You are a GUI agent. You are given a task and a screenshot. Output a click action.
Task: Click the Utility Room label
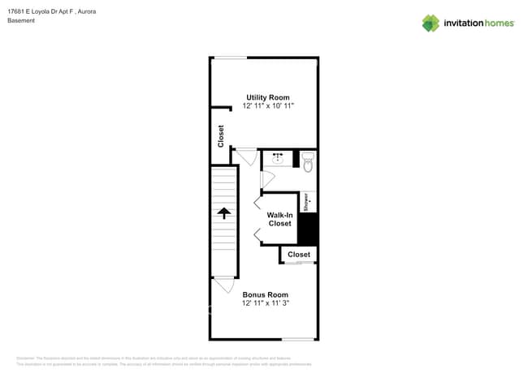pyautogui.click(x=267, y=97)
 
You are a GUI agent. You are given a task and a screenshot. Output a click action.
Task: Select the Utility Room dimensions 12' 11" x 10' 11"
pyautogui.click(x=267, y=105)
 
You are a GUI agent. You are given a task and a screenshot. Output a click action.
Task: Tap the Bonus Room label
pyautogui.click(x=265, y=294)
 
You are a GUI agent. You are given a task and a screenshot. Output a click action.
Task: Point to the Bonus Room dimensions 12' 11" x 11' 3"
pyautogui.click(x=265, y=303)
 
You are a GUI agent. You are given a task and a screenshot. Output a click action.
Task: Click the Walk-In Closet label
pyautogui.click(x=279, y=219)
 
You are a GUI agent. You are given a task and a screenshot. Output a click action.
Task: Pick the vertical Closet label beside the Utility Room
pyautogui.click(x=221, y=135)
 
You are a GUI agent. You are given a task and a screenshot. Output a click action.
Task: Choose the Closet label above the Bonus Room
pyautogui.click(x=299, y=255)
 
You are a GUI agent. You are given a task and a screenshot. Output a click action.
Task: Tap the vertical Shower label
pyautogui.click(x=306, y=202)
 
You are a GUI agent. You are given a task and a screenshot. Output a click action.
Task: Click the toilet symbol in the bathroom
pyautogui.click(x=308, y=164)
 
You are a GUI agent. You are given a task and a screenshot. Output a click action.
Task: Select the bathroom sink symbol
pyautogui.click(x=278, y=158)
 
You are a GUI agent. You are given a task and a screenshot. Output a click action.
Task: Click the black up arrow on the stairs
pyautogui.click(x=223, y=213)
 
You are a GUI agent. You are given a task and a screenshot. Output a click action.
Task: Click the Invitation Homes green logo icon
pyautogui.click(x=431, y=23)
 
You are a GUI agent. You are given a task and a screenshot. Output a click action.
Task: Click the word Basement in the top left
pyautogui.click(x=21, y=20)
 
